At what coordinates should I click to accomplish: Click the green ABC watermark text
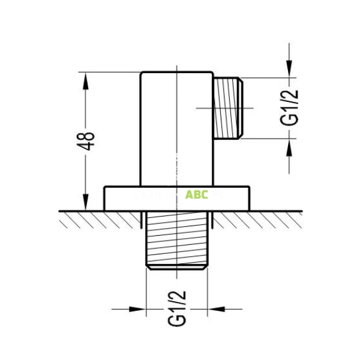[197, 194]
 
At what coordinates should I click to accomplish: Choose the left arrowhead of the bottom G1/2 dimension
[141, 310]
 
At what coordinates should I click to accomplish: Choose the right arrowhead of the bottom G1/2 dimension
[214, 310]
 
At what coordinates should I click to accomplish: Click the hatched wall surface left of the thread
[102, 220]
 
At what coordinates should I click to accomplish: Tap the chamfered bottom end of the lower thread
[177, 266]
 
